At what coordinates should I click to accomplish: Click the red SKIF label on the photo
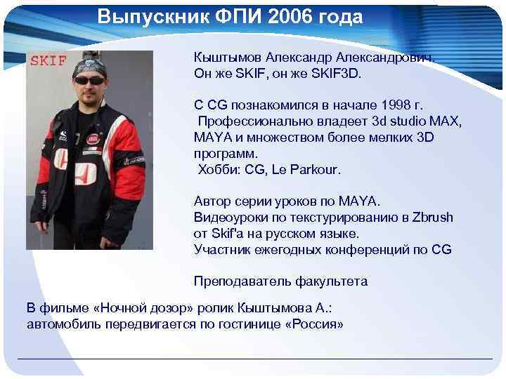coord(48,60)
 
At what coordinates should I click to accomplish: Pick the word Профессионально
coord(251,121)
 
